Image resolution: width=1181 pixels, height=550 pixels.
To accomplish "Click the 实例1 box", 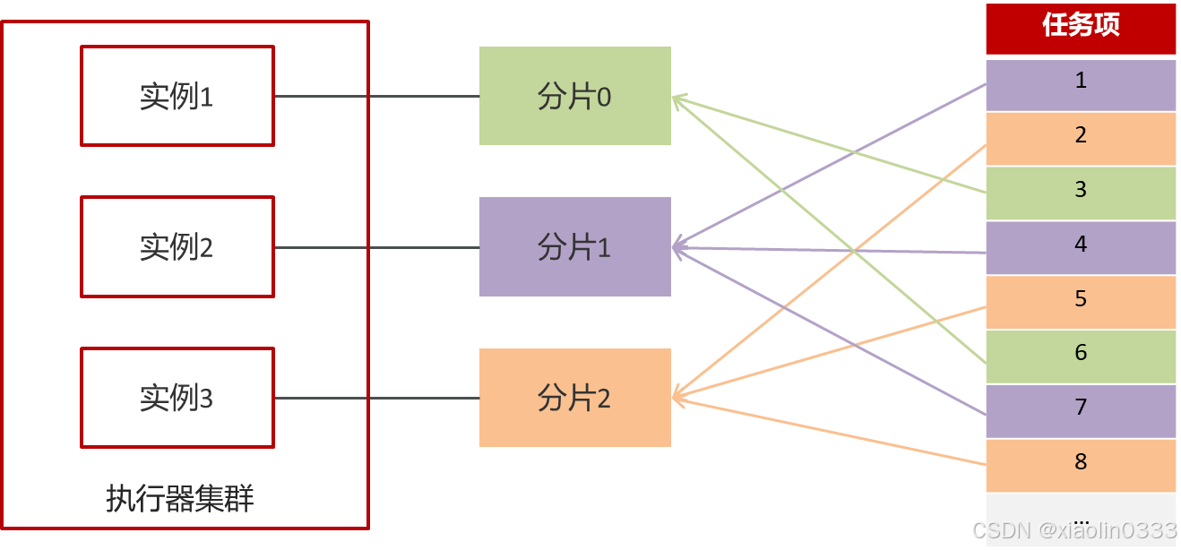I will tap(177, 96).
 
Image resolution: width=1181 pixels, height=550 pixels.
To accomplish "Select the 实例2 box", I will tap(177, 246).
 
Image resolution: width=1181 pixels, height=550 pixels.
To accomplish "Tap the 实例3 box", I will tap(177, 398).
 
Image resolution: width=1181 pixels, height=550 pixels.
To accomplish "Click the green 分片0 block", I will tap(574, 96).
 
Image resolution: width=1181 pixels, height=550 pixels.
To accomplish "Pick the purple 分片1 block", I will tap(574, 246).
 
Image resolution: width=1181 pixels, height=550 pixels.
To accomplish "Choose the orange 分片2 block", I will tap(574, 398).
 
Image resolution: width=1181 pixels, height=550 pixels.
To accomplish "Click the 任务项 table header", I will tap(1081, 27).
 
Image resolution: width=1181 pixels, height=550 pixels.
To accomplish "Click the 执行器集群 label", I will tap(179, 498).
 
